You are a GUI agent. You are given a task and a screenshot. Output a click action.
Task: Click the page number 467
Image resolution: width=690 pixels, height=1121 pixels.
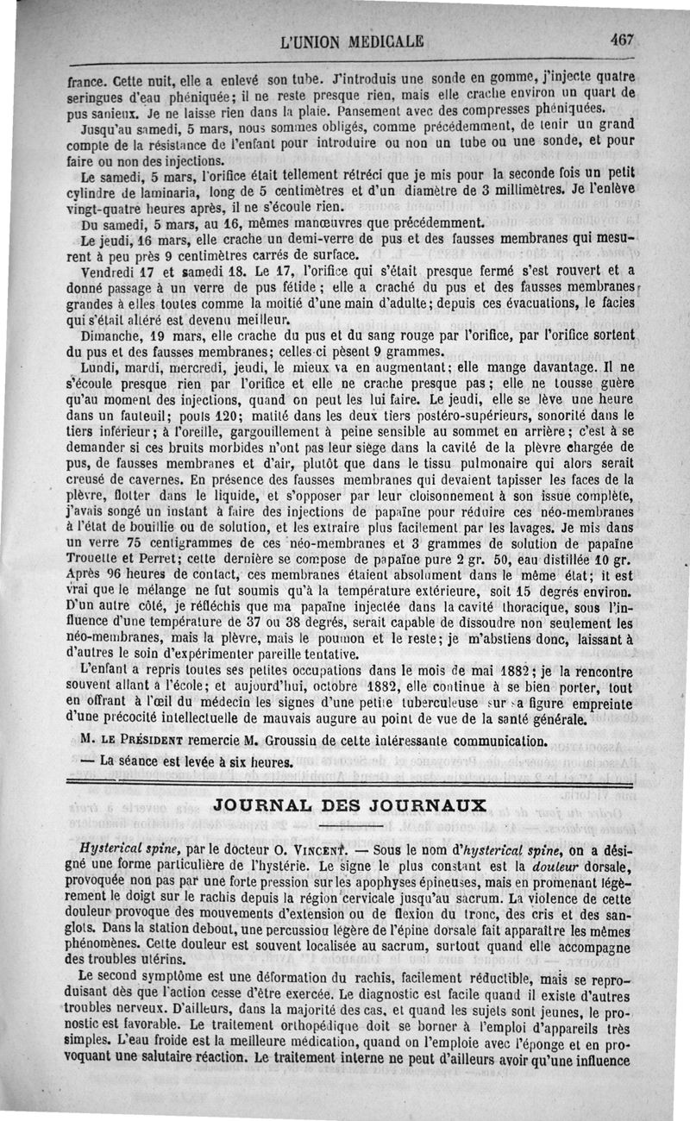pos(620,39)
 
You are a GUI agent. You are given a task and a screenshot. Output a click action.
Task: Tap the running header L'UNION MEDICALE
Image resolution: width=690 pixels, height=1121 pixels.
pos(353,41)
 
